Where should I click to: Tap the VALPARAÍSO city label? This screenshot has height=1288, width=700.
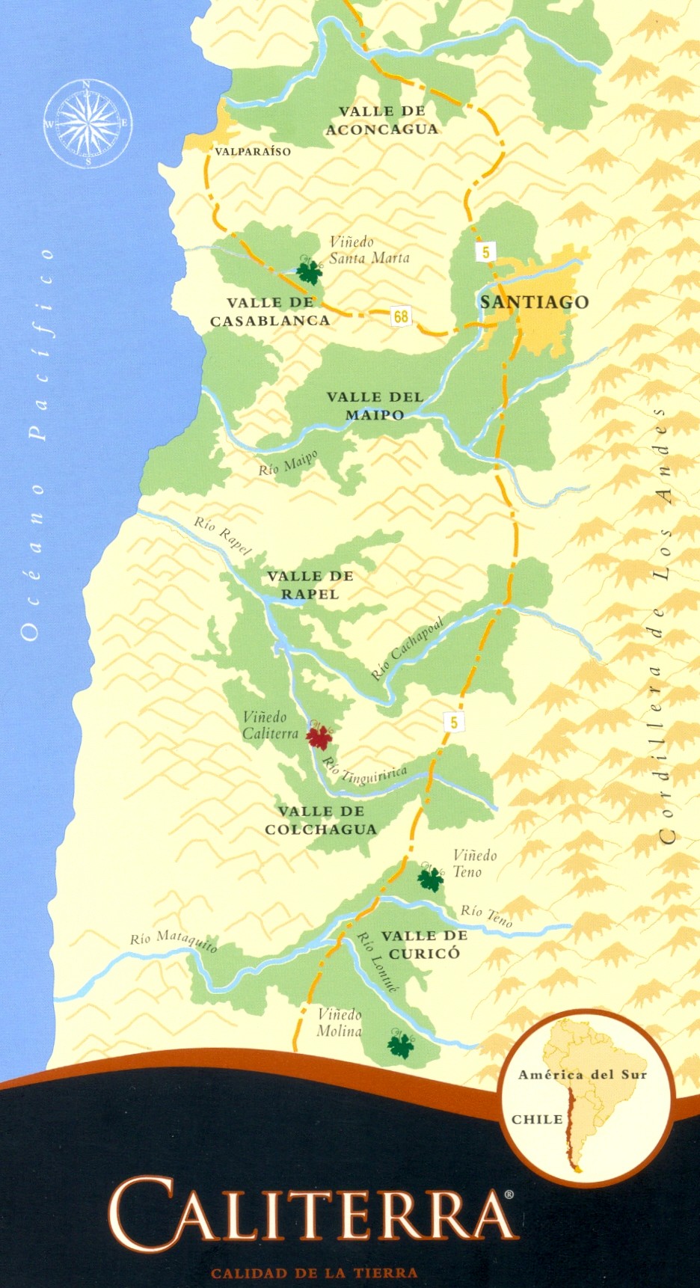click(252, 151)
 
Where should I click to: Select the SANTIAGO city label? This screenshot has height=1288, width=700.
click(534, 302)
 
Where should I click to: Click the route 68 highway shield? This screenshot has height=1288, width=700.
click(402, 316)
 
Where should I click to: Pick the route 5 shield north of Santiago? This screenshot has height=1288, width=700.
click(485, 252)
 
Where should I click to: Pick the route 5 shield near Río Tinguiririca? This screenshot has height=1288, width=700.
click(453, 723)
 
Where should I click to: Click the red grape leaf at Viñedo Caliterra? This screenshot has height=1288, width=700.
click(320, 737)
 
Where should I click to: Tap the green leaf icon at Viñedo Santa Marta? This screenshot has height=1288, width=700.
click(309, 272)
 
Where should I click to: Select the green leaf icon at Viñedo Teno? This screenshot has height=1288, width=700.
click(430, 878)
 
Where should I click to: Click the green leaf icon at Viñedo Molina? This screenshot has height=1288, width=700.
click(401, 1044)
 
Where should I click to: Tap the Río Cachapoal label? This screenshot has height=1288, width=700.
click(408, 648)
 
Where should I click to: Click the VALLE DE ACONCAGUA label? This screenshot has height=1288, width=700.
click(381, 120)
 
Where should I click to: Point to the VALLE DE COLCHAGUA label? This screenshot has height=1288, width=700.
click(321, 821)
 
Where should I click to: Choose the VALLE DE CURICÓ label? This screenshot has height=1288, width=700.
click(424, 945)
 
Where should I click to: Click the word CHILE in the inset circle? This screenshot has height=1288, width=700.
click(537, 1119)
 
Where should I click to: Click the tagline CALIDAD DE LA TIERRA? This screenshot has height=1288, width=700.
click(314, 1273)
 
